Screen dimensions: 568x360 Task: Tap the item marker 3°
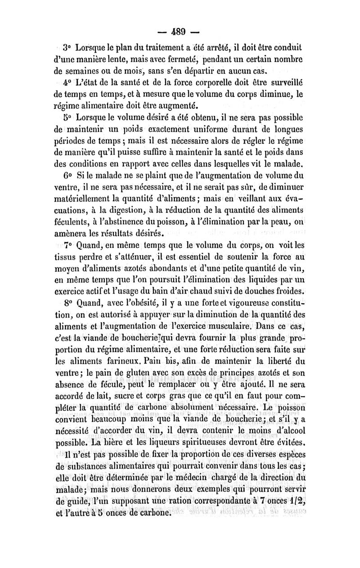pyautogui.click(x=67, y=47)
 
